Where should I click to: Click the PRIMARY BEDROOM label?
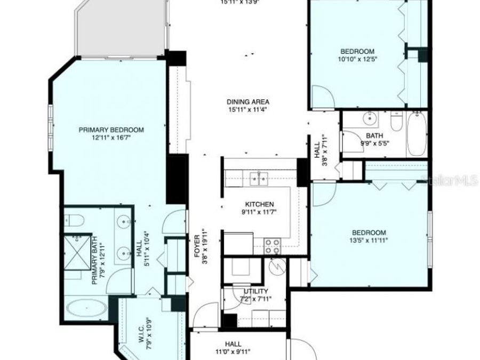tap(111, 130)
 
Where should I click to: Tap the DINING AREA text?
tap(247, 102)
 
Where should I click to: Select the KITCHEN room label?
tap(259, 204)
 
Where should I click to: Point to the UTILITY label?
tap(256, 292)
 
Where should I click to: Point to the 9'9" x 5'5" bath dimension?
tap(375, 143)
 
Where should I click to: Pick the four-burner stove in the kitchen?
tap(273, 245)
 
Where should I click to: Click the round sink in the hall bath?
tap(368, 118)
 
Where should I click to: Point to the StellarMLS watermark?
tap(449, 181)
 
